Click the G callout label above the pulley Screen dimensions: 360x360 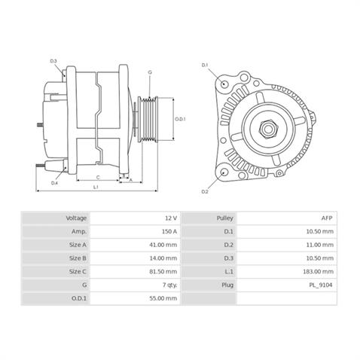(x=150, y=72)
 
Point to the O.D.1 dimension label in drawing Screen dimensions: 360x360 (x=180, y=119)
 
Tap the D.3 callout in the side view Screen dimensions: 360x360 (x=53, y=61)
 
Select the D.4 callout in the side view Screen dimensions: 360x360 (x=55, y=183)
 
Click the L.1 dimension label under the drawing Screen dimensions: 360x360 (x=96, y=187)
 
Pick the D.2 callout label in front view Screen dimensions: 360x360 (x=205, y=192)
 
